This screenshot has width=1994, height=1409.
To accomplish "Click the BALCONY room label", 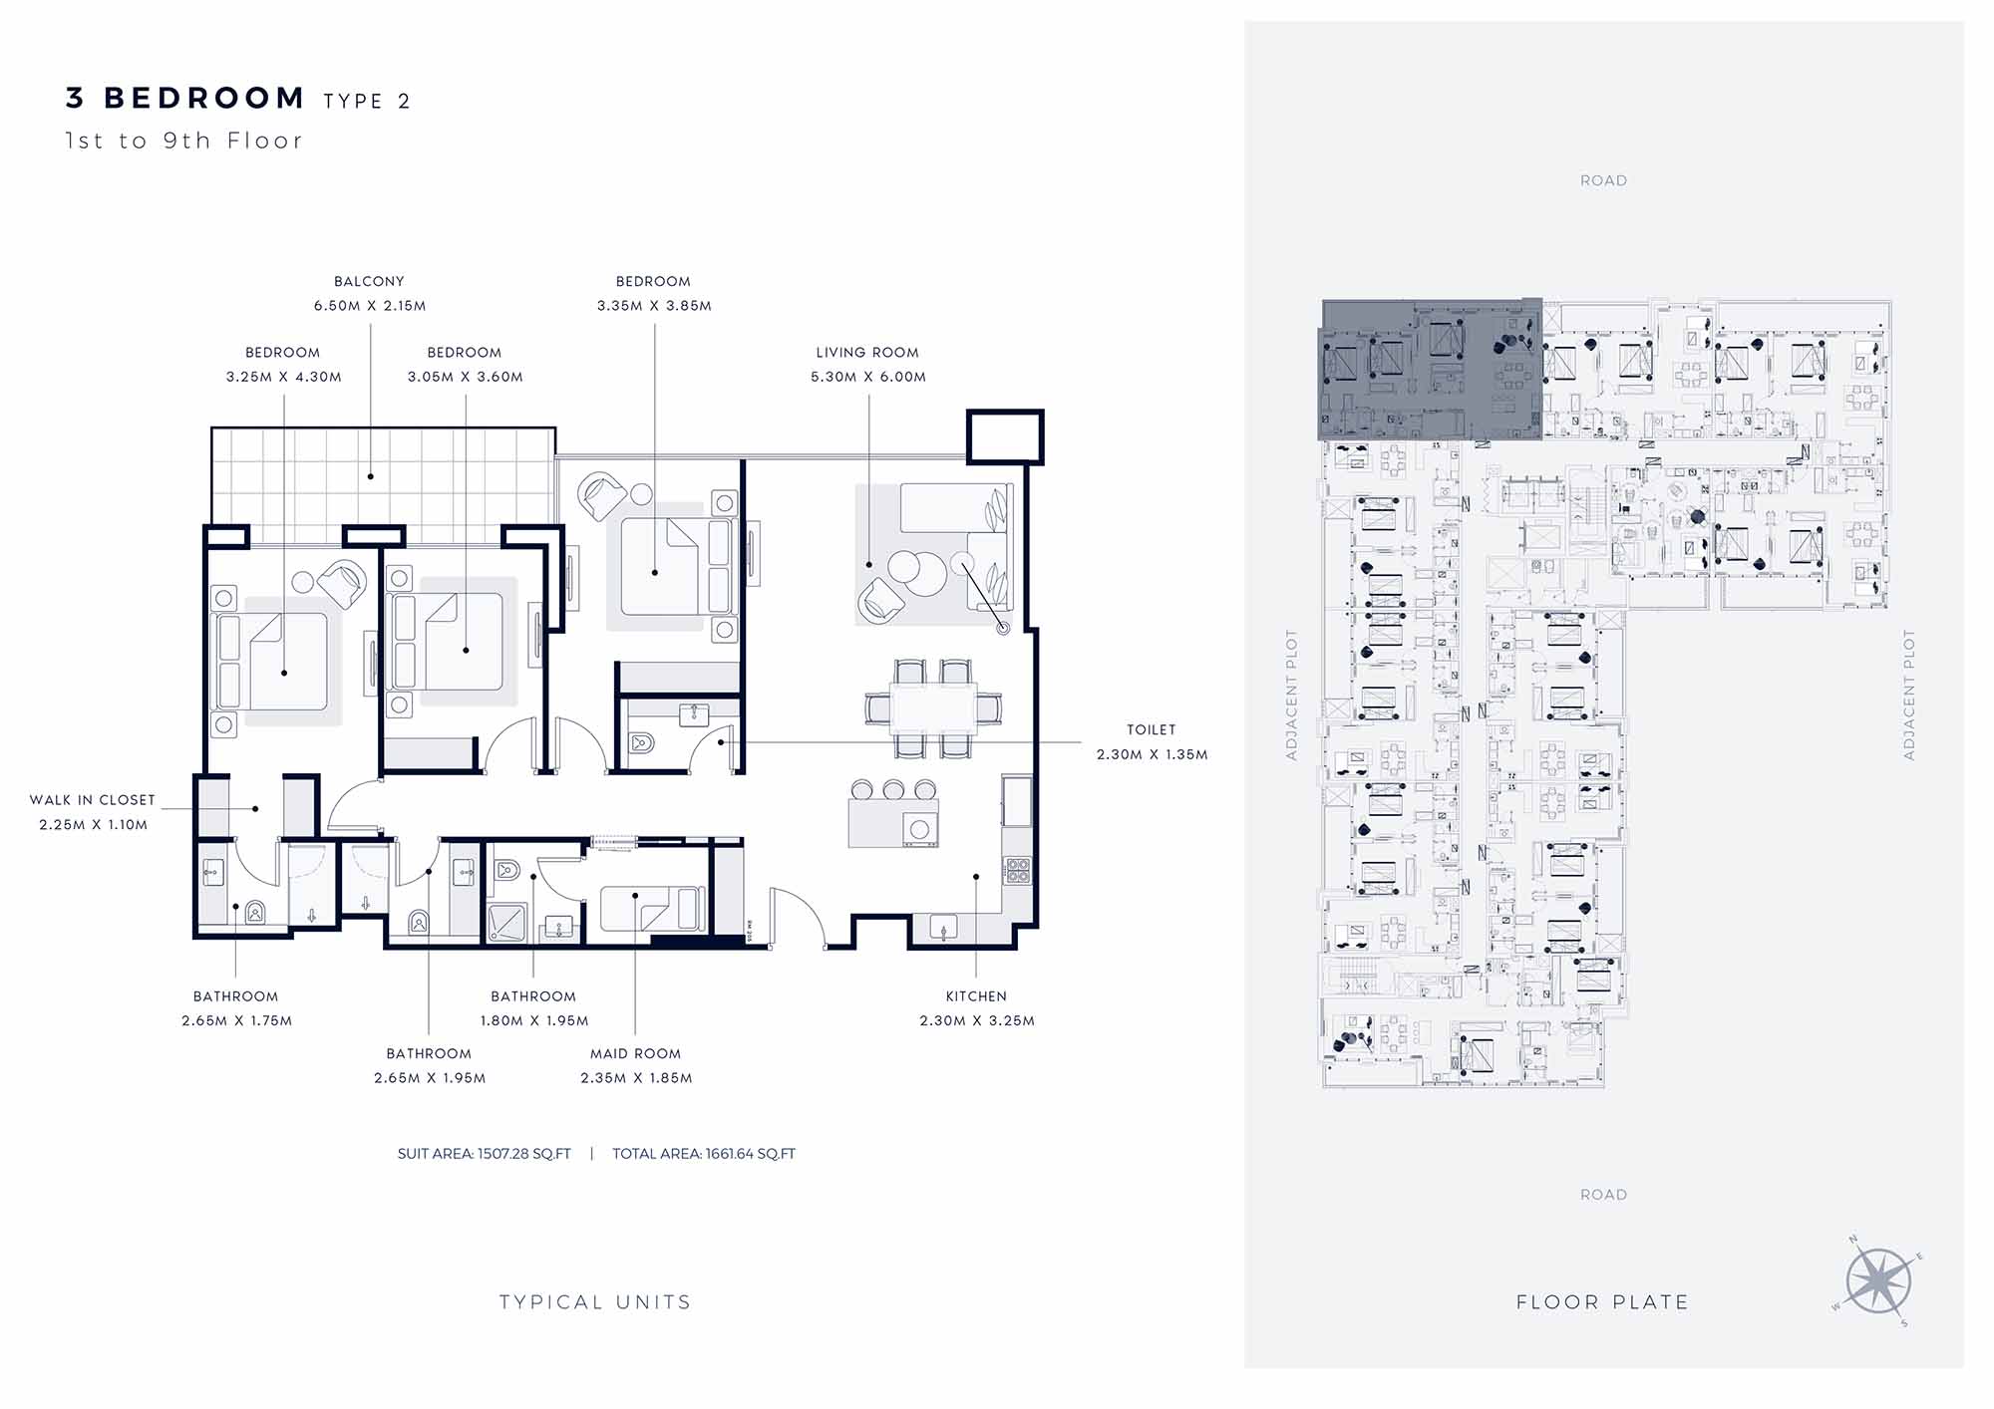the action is pos(369,282).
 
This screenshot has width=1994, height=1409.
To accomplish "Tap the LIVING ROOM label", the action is pos(867,353).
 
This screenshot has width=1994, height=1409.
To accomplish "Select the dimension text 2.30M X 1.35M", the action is pos(1152,754).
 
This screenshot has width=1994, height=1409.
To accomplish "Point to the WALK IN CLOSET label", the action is pos(93,800).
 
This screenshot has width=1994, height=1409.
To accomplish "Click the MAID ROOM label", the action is pos(635,1053).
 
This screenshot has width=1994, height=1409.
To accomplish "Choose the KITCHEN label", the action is pos(976,996).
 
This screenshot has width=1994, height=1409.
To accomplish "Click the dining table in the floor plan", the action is pos(934,708).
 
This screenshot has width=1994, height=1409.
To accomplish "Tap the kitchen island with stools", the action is pos(893,814).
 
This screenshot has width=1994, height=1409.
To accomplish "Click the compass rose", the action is pos(1877,1281).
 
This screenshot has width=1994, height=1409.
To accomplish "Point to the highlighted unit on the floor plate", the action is pos(1430,369).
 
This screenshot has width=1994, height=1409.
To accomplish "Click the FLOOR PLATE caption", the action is pos(1602,1302).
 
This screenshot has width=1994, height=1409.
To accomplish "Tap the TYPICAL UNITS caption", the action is pos(595,1302).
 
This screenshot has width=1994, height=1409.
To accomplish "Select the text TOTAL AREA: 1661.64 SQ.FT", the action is pos(704,1154).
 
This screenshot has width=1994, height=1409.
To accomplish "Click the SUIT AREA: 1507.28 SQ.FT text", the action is pos(485,1154).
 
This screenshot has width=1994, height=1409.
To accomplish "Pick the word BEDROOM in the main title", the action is pos(204,98).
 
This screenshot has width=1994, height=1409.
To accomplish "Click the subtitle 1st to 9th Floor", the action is pos(183,141).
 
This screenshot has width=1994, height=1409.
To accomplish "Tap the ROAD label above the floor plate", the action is pos(1603,180).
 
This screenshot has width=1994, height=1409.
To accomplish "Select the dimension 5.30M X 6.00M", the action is pos(868,377).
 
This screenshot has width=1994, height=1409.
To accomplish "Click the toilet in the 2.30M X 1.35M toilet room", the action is pos(642,743).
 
